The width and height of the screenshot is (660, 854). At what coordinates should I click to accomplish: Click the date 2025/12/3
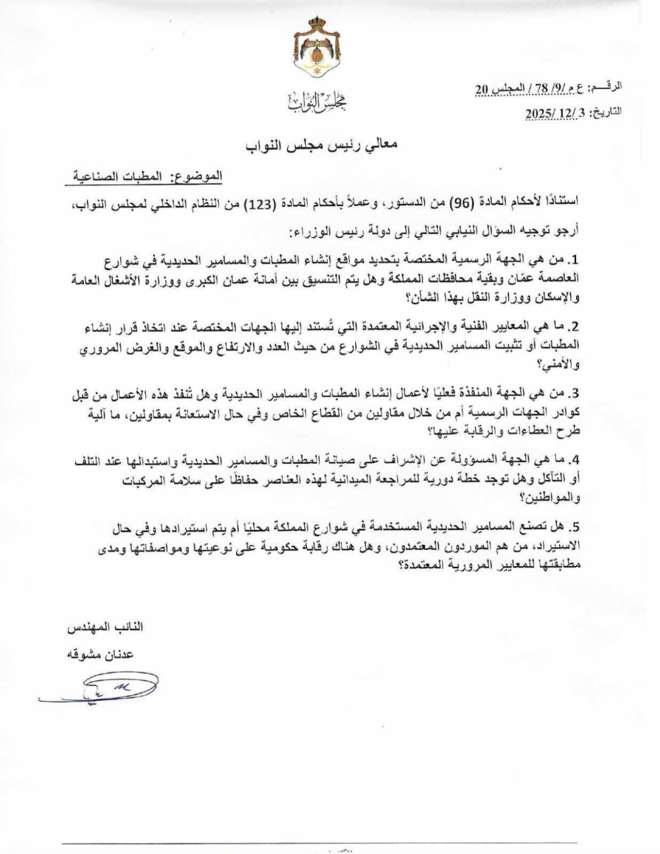click(555, 113)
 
